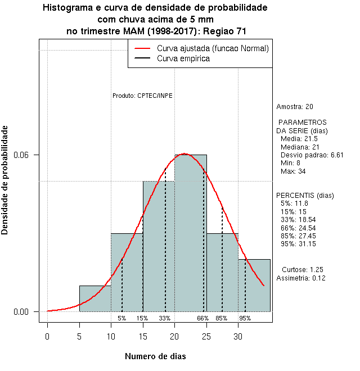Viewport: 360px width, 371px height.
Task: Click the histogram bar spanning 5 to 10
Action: click(95, 298)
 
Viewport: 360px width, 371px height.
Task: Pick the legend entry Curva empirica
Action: click(183, 58)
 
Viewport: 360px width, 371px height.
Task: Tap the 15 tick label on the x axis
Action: click(143, 337)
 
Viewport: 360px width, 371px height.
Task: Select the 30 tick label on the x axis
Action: click(238, 337)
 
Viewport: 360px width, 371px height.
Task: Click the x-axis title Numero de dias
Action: click(155, 356)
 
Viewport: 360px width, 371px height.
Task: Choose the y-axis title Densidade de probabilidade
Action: click(5, 180)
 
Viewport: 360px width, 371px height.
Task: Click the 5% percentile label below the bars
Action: click(121, 318)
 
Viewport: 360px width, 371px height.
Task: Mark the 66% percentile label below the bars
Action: click(202, 318)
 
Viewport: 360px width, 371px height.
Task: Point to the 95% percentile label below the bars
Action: click(245, 318)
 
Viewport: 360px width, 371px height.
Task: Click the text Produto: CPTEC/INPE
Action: click(142, 96)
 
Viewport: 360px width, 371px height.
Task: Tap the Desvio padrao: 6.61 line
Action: click(312, 155)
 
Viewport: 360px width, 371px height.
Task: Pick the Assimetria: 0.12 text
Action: click(301, 278)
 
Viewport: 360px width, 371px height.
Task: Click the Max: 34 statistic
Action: click(292, 171)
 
